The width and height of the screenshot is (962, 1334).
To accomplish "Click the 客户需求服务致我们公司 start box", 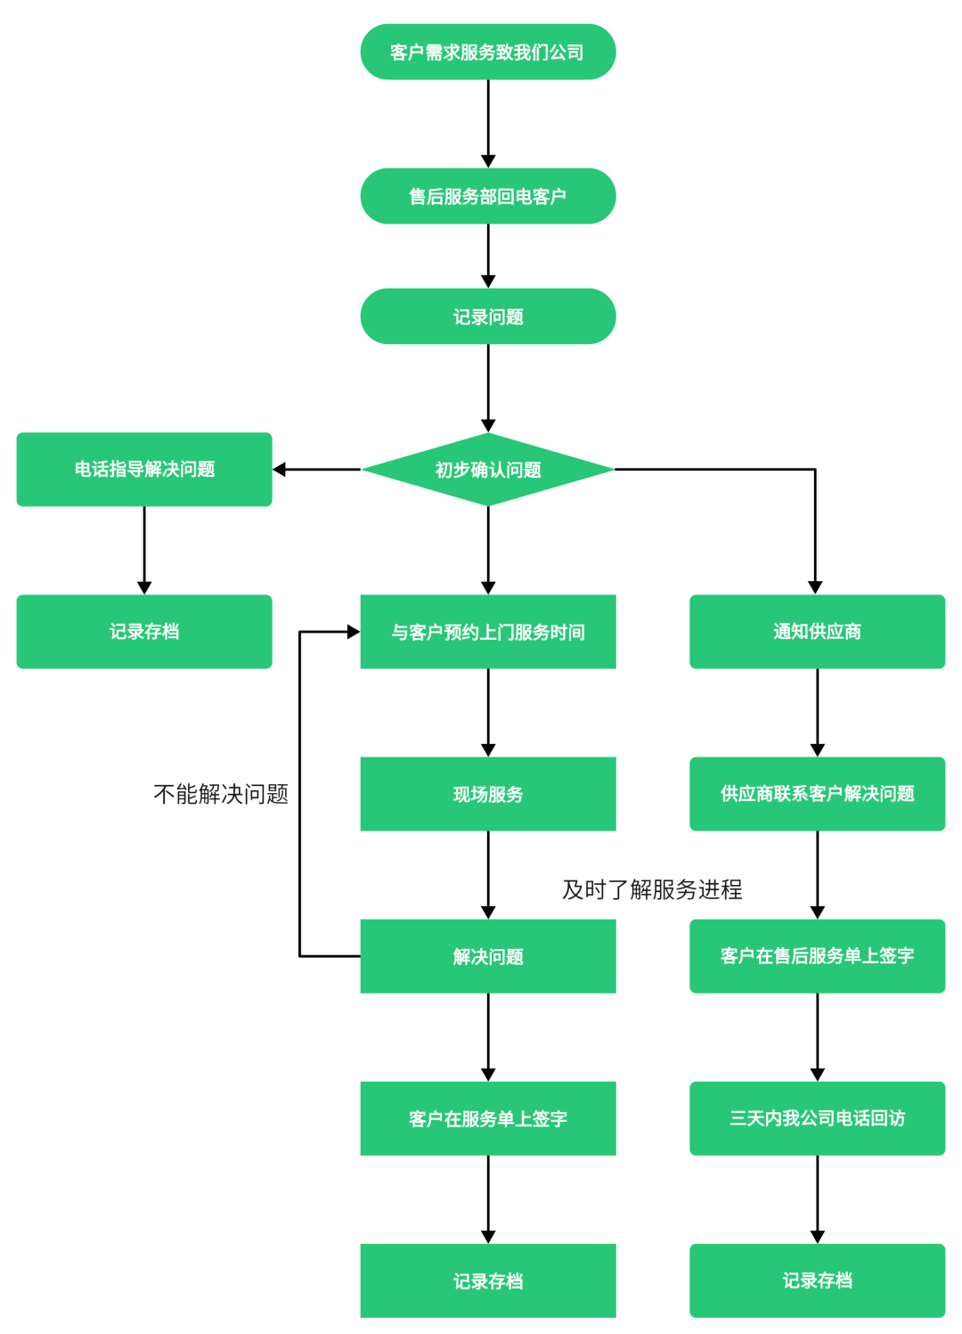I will (x=487, y=52).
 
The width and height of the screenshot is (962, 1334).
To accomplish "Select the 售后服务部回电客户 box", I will (x=487, y=196).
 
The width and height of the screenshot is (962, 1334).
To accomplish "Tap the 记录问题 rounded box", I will (x=487, y=316).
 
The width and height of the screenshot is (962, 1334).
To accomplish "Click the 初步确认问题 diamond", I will (x=487, y=470).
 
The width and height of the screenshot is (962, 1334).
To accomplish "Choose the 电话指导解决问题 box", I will (x=144, y=470).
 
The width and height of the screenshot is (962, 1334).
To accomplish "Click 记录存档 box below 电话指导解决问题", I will (x=144, y=632).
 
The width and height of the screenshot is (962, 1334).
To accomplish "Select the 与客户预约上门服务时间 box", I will (x=487, y=632).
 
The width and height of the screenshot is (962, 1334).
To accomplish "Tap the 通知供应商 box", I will (x=817, y=632).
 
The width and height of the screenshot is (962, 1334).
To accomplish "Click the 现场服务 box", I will (x=487, y=794).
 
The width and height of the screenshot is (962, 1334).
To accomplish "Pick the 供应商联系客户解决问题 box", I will (x=817, y=794).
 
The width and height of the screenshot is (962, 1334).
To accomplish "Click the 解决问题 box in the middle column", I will (x=487, y=956).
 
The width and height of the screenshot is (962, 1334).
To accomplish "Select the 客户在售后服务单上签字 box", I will (x=817, y=956).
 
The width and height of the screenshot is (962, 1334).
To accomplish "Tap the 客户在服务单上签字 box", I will (x=487, y=1118).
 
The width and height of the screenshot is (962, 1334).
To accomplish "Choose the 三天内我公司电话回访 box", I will (x=817, y=1118).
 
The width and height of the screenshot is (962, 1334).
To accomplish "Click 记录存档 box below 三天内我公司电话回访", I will (x=817, y=1281).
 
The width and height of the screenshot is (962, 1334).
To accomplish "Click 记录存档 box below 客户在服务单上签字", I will (x=487, y=1281).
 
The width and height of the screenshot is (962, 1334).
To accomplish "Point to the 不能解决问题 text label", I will (x=221, y=794).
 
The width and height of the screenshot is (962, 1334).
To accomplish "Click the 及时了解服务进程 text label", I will (x=652, y=889).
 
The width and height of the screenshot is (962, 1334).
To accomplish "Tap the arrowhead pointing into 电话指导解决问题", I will (x=280, y=470).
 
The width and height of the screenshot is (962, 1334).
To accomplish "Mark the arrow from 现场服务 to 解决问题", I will (x=488, y=873).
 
